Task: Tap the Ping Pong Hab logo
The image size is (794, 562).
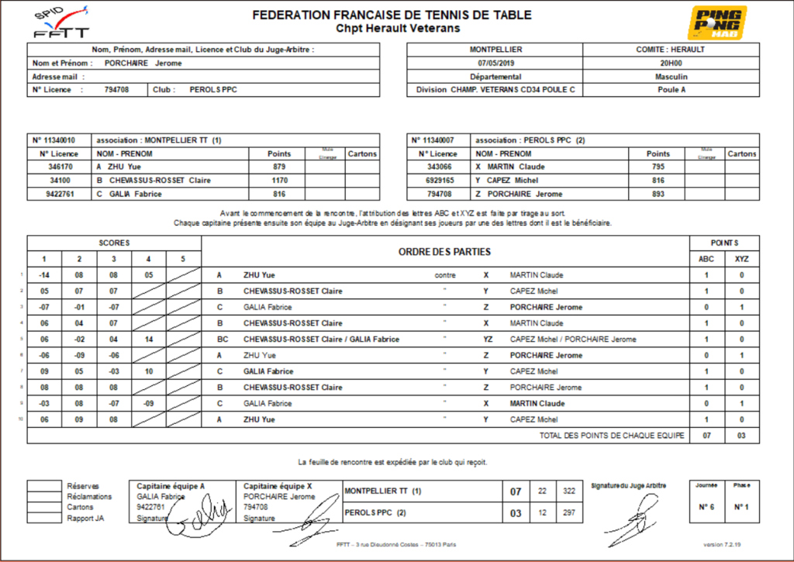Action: pos(719,22)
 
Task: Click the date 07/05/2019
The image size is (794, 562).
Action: pos(495,63)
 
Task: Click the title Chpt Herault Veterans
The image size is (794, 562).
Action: pos(397,29)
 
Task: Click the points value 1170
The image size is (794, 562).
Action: pos(279,180)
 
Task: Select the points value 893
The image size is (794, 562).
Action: pos(658,194)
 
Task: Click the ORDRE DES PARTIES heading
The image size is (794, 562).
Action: pos(444,252)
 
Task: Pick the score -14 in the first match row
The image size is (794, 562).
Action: pos(45,275)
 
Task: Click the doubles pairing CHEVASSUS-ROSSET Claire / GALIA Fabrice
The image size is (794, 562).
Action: pos(321,340)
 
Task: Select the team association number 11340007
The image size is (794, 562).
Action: pos(439,140)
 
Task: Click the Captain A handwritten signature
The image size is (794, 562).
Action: pos(198,516)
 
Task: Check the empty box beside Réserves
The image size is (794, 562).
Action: pos(43,486)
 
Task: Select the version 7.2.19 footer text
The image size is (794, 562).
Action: pos(722,544)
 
